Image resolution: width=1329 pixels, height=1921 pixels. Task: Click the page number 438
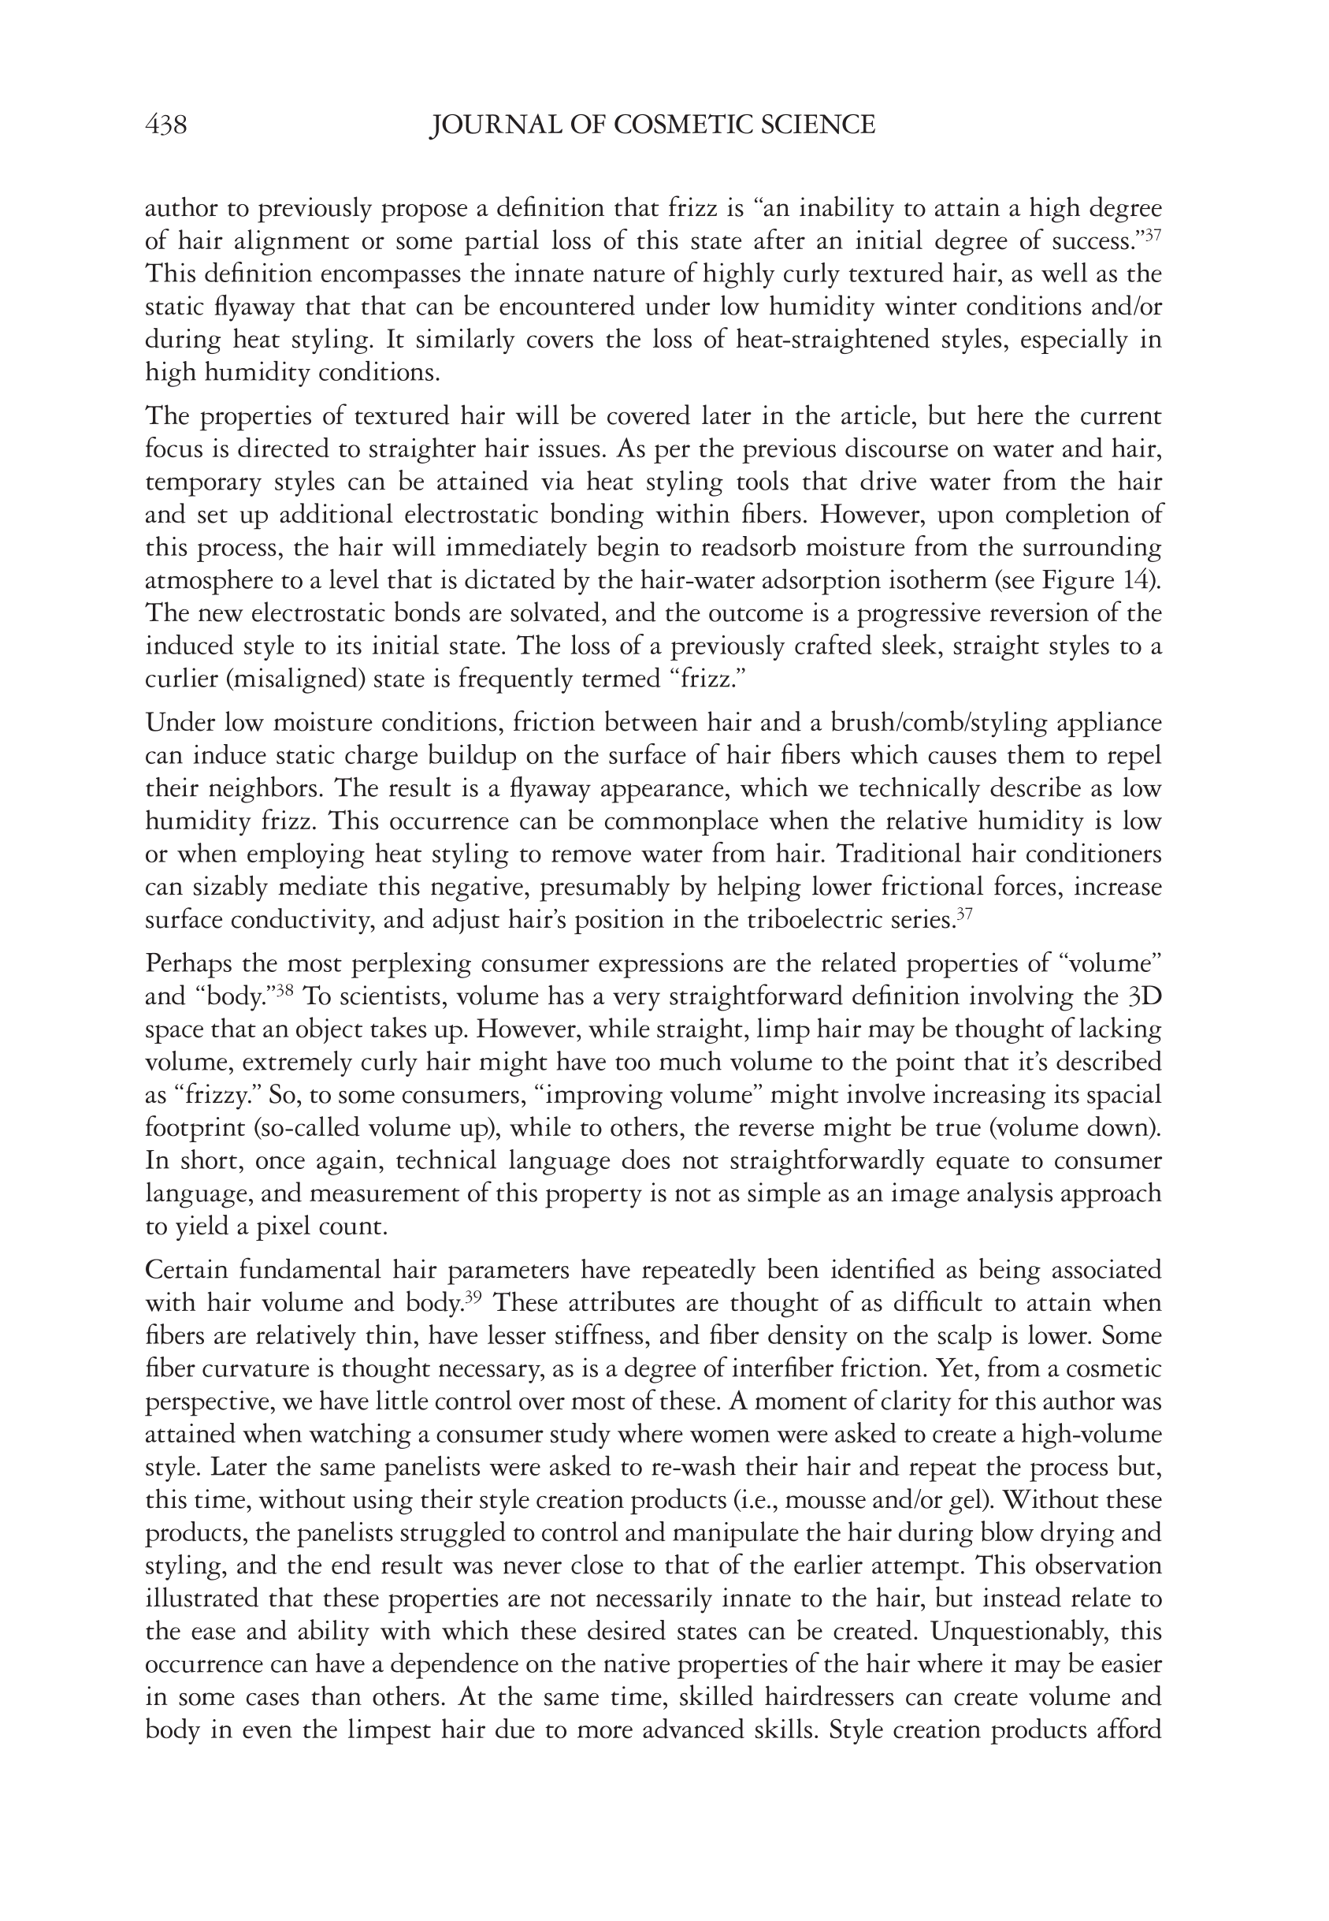(165, 125)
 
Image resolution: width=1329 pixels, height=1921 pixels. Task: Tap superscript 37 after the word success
(1153, 234)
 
